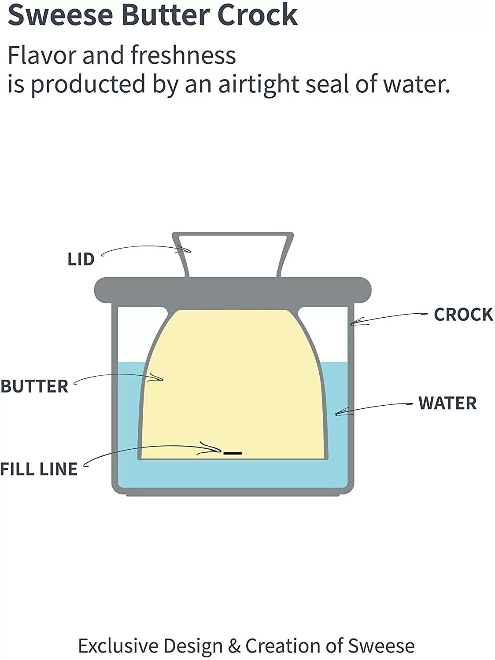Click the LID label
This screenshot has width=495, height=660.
point(81,259)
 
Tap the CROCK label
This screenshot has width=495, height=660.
point(463,314)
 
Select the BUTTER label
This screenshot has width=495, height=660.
point(34,386)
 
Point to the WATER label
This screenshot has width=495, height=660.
point(447,403)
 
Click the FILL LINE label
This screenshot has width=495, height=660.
point(39,469)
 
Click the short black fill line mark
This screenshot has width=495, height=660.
point(233,453)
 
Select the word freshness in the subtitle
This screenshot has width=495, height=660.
point(183,55)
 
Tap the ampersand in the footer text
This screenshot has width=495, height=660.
point(234,646)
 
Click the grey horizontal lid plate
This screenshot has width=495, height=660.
point(233,290)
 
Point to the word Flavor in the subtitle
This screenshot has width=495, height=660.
point(42,55)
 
